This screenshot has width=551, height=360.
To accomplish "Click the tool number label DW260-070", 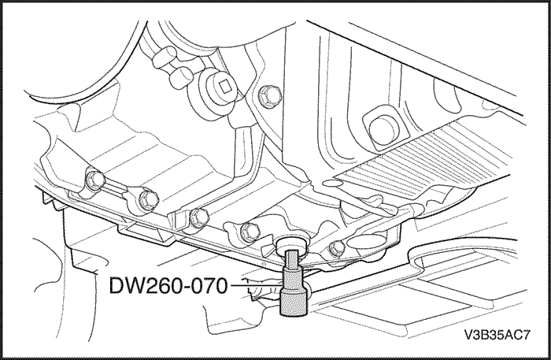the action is [x=168, y=285].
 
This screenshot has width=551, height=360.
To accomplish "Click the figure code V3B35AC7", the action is [x=497, y=335].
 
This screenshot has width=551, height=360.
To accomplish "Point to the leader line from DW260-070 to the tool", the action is [x=256, y=285].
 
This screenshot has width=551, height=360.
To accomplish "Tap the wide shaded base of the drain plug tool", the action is [x=294, y=301].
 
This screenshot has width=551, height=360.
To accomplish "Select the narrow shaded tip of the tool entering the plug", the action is [x=292, y=258].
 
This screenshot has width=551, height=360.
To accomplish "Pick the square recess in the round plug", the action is [x=225, y=87].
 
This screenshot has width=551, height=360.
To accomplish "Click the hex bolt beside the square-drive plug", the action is [x=270, y=95].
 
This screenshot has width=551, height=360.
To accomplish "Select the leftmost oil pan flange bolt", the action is [x=95, y=180].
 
